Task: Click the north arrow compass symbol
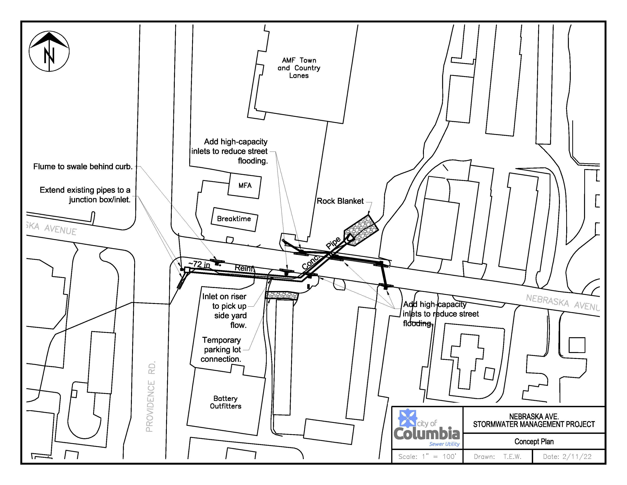[x=49, y=51]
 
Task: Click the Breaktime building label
[x=234, y=219]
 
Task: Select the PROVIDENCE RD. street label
[x=150, y=397]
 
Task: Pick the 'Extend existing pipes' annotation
[x=85, y=195]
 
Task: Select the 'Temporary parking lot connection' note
[x=221, y=350]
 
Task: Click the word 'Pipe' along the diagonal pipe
[x=333, y=243]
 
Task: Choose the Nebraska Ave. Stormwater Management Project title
[x=534, y=420]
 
